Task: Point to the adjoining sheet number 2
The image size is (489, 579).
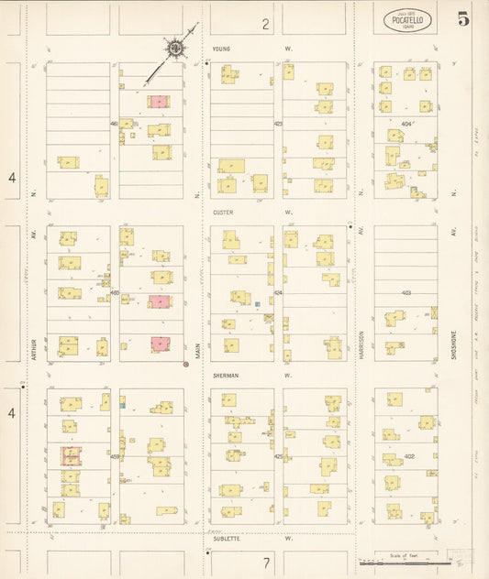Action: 265,24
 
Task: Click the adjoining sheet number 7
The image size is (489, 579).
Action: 265,561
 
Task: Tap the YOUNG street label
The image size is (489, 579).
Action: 220,48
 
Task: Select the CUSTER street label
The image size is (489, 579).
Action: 223,212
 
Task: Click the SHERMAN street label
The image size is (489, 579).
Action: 225,375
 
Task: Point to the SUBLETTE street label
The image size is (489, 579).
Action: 226,539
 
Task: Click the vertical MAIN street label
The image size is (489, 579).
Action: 196,351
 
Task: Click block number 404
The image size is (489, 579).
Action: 406,123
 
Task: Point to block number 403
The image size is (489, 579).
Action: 406,292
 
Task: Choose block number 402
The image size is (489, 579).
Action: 409,456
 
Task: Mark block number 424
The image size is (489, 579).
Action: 278,292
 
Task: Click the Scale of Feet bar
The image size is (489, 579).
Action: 421,562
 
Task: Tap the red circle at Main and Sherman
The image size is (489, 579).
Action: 186,365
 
